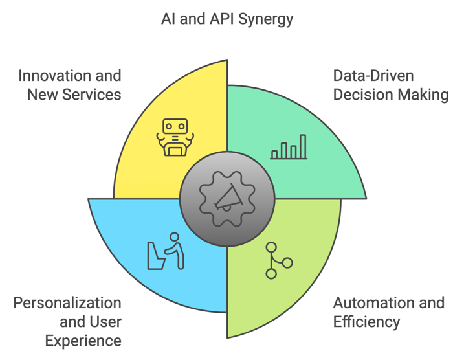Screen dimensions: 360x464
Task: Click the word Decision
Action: click(x=359, y=95)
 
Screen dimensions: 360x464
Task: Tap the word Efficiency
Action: click(x=366, y=322)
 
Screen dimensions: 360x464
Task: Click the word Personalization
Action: click(x=67, y=302)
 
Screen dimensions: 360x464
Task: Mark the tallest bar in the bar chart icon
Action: click(x=303, y=146)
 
